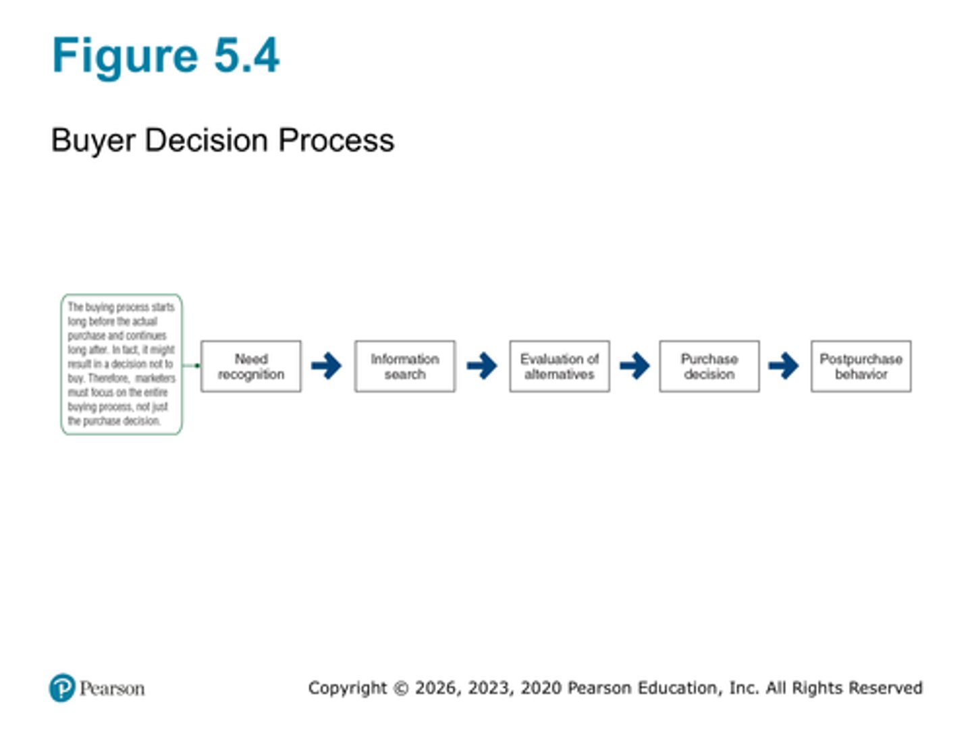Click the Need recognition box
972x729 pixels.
[x=251, y=367]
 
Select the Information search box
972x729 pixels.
[x=405, y=367]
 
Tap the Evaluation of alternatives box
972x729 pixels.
[x=560, y=367]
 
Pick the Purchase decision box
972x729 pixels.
[x=709, y=367]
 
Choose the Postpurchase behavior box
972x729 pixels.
[x=861, y=367]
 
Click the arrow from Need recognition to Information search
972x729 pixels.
[x=327, y=366]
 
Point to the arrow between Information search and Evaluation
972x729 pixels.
[x=482, y=366]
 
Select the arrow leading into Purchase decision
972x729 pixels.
[x=634, y=366]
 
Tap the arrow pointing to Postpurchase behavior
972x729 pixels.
[x=784, y=366]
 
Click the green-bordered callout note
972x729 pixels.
[x=122, y=364]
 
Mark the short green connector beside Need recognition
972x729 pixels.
[x=191, y=365]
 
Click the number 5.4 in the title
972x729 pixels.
[x=246, y=55]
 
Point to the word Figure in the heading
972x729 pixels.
[x=125, y=55]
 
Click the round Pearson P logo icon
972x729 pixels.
[x=62, y=688]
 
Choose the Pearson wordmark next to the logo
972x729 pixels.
[x=112, y=688]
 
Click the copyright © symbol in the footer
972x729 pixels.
[x=401, y=688]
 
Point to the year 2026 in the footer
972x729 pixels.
[x=437, y=688]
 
